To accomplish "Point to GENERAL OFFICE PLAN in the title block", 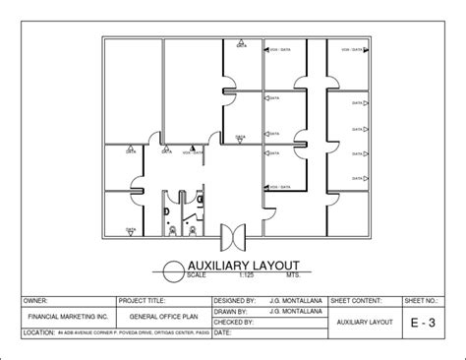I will [x=164, y=318].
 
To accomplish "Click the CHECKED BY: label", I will [x=234, y=321].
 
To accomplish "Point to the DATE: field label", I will [x=223, y=333].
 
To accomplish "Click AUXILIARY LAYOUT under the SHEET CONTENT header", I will [x=363, y=322].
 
